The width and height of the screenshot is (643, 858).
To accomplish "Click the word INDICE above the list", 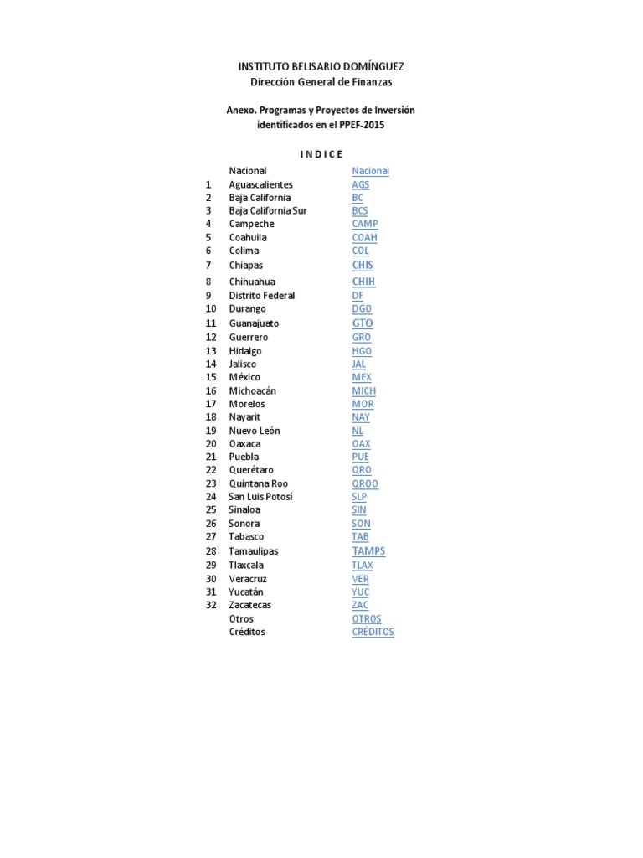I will (321, 154).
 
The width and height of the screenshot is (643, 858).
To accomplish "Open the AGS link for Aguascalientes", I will (360, 184).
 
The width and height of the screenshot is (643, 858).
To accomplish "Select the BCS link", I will (360, 211).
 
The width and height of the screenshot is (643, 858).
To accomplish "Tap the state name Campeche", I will (251, 225).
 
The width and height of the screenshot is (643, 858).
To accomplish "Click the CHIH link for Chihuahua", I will (363, 282).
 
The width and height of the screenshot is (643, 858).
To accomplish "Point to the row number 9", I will (208, 296).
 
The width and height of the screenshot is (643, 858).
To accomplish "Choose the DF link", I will (358, 296).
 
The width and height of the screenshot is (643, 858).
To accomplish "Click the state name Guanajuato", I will (254, 323).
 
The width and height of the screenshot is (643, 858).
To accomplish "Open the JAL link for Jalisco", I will (358, 364).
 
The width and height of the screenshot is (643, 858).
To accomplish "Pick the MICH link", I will (363, 391).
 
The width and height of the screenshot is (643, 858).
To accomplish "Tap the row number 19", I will (211, 431).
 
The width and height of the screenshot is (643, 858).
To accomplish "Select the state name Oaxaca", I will (244, 444).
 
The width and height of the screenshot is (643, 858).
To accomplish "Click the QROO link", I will (365, 484).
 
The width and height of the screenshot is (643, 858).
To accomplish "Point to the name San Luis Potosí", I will (260, 497).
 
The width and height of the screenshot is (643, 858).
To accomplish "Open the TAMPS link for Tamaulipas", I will (368, 551).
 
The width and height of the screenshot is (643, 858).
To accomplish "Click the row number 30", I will (211, 579).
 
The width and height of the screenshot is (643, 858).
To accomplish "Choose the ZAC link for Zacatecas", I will (360, 605).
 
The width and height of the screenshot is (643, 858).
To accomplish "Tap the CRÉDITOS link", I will (373, 632).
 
